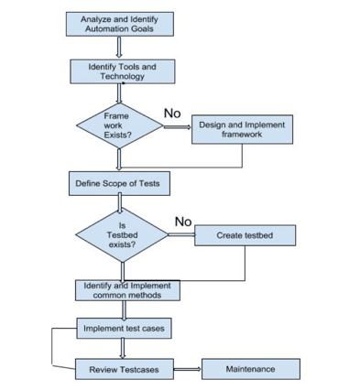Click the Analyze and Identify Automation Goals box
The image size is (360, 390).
[119, 24]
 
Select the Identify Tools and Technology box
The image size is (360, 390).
[122, 71]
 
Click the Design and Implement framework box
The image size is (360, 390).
[242, 129]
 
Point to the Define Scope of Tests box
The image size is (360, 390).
[118, 183]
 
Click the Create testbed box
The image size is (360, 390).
[245, 235]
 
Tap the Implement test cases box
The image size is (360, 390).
[123, 327]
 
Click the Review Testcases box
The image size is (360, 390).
[124, 369]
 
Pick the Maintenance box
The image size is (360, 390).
[249, 369]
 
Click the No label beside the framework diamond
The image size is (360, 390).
[171, 112]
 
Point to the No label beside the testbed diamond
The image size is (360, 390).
[183, 222]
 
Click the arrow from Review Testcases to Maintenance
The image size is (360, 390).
[187, 369]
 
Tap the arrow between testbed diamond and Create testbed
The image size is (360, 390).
[180, 235]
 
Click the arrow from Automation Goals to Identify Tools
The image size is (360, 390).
[120, 48]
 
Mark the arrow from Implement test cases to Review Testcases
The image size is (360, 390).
[123, 348]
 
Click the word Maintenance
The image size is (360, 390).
[249, 369]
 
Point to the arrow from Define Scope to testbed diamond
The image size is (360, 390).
[119, 203]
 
